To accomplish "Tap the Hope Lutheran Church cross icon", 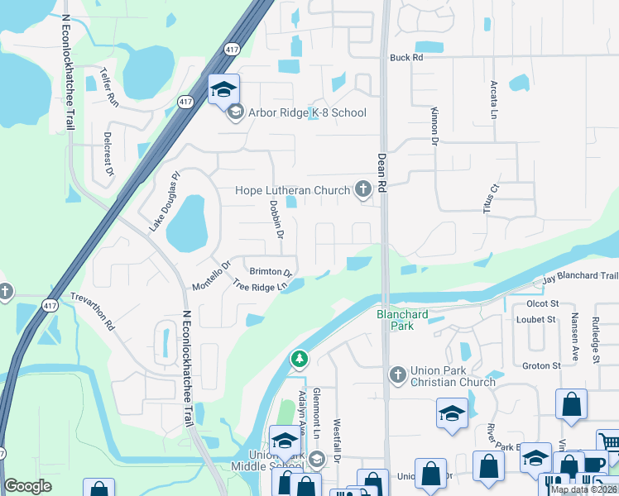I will (362, 190).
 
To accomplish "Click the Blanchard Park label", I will (403, 320).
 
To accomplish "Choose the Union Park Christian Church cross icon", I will (397, 376).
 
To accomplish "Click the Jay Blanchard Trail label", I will (580, 279).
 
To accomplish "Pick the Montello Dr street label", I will (209, 274).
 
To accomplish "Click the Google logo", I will (27, 486).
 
